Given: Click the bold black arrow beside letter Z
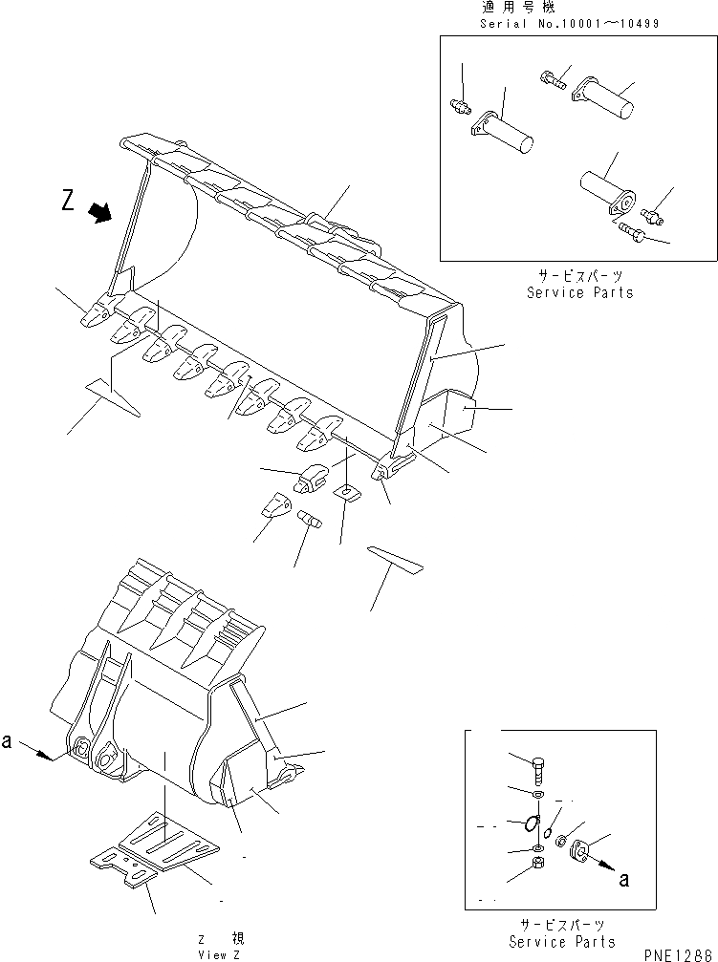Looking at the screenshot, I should coord(98,211).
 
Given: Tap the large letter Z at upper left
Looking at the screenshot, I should coord(67,201).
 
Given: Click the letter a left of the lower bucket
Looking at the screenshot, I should coord(8,742).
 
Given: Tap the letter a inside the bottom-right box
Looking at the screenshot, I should coord(623,879).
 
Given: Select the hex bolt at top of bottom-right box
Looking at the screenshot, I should coord(539,766).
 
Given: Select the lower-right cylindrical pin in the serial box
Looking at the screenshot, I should coord(605,189).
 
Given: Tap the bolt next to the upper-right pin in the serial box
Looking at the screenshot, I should coord(553,79).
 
